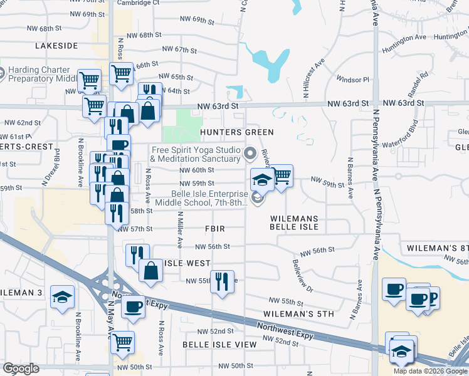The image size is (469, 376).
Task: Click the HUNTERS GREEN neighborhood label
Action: click(237, 132)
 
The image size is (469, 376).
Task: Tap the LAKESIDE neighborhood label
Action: click(56, 46)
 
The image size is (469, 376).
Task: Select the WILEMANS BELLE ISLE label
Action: click(295, 223)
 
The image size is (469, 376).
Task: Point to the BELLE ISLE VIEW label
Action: click(219, 345)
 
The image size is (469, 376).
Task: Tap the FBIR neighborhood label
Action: click(213, 229)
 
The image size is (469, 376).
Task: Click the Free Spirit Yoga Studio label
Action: click(195, 154)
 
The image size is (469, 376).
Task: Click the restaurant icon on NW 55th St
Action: click(222, 281)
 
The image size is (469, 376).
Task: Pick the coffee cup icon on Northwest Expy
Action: click(133, 306)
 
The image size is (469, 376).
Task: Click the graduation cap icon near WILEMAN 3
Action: click(62, 296)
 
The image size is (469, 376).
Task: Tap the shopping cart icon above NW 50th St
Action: click(122, 342)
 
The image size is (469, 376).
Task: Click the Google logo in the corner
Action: click(21, 368)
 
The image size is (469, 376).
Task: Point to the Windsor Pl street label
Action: click(353, 80)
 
